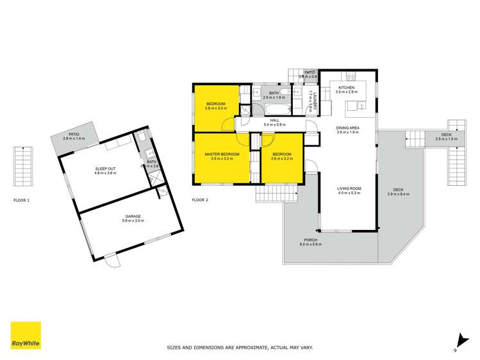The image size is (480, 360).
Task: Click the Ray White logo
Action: tap(26, 336)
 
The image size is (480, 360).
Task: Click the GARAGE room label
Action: tap(133, 217)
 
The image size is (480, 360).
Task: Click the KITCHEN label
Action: tap(346, 88)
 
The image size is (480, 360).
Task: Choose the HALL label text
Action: tap(274, 120)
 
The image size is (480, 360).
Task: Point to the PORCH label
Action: tap(311, 240)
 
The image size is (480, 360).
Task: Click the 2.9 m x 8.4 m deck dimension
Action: tap(397, 194)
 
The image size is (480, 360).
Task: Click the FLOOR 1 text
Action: tap(22, 200)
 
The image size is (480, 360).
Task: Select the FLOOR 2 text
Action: tap(201, 200)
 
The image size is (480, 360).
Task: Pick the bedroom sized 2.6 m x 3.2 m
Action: tap(282, 157)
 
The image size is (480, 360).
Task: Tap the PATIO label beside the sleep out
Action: tap(74, 135)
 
